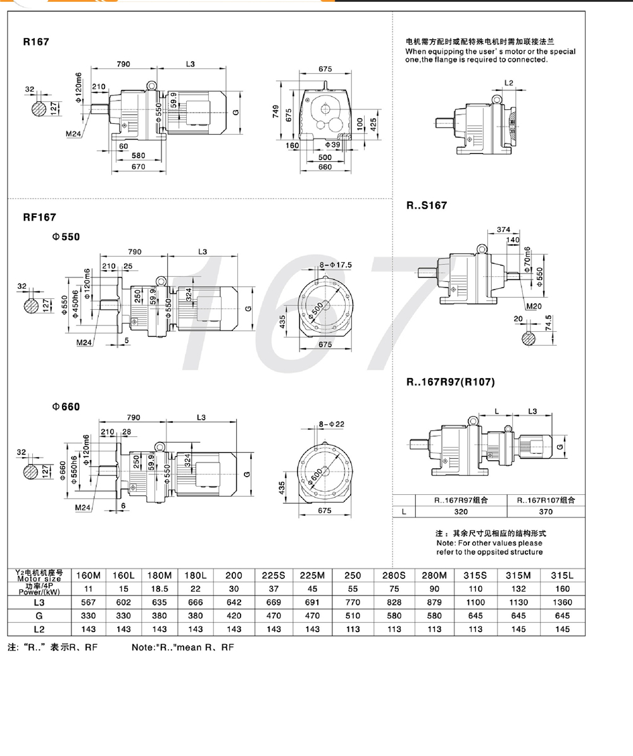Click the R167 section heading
[x=36, y=42]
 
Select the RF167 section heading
[x=40, y=217]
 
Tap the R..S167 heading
[x=427, y=205]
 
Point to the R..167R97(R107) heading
[x=451, y=382]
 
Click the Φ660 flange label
[x=66, y=407]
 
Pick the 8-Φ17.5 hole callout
[x=335, y=265]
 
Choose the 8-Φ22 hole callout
[x=332, y=424]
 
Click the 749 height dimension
[x=276, y=111]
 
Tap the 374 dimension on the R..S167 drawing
[x=504, y=229]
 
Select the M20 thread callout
[x=534, y=306]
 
